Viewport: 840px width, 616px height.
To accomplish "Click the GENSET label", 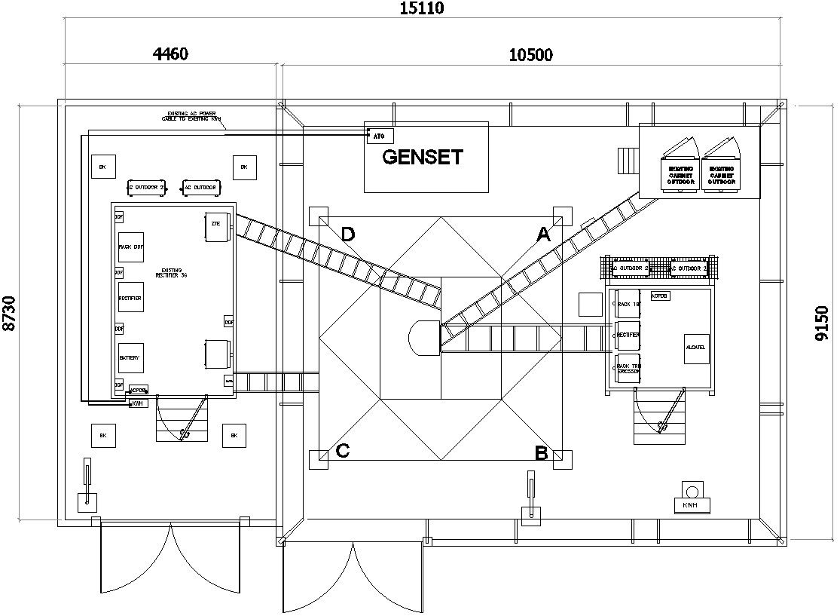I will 422,157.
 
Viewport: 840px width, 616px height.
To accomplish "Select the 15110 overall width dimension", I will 421,8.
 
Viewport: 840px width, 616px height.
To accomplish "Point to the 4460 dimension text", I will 170,54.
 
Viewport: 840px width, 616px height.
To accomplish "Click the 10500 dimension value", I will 530,54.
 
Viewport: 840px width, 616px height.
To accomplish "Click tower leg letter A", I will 542,235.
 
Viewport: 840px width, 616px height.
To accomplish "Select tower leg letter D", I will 347,234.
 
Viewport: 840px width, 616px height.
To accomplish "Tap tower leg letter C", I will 342,451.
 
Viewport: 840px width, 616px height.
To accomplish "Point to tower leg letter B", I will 540,453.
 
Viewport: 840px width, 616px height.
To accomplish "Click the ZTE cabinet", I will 216,226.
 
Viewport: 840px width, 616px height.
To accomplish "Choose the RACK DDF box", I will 130,247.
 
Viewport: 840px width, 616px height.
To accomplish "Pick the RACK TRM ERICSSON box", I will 628,368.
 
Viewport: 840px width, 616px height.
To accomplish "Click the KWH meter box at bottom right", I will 690,504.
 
